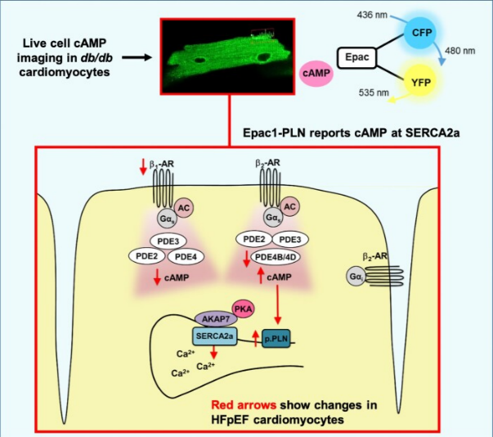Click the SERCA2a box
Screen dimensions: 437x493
click(214, 336)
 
